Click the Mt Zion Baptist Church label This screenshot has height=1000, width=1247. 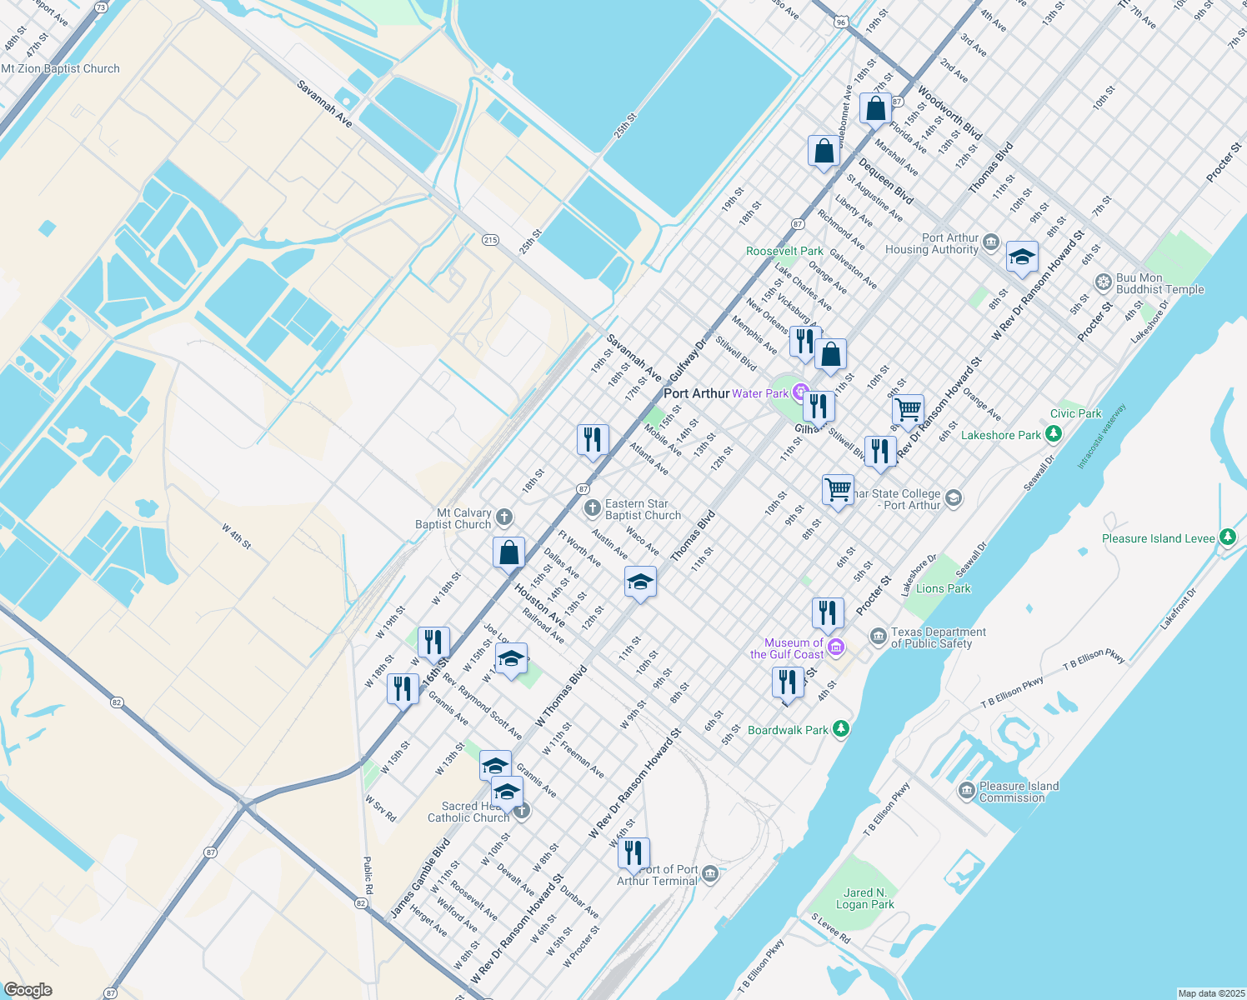61,69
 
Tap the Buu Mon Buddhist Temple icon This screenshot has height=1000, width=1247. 1104,283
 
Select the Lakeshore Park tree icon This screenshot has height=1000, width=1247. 1054,434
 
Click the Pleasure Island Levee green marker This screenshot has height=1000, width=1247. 1227,537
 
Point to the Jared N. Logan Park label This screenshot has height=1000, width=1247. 864,898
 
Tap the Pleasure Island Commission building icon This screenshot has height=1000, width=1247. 966,791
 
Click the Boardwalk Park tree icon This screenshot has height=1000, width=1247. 842,729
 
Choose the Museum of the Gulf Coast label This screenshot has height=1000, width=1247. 787,648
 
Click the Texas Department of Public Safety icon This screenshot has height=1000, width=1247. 878,637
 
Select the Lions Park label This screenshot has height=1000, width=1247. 943,588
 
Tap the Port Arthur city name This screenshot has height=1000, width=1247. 696,393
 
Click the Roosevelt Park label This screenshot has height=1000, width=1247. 784,251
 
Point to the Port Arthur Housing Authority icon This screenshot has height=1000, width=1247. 991,242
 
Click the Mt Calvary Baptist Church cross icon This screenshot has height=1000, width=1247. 504,517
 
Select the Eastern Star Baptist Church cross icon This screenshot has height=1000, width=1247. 592,508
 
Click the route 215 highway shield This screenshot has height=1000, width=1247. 490,240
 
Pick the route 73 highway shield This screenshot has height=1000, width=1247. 102,7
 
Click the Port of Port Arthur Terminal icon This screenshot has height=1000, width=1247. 710,873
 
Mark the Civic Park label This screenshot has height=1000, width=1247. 1075,413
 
